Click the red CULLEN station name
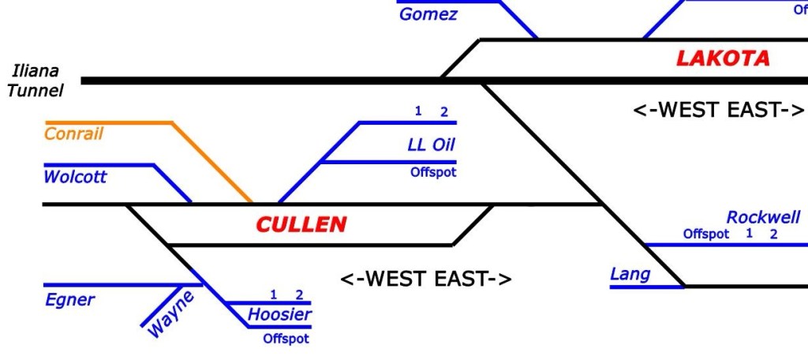301,225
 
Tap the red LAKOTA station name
723,58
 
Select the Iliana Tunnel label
36,81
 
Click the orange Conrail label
73,133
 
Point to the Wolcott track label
75,177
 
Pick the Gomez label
428,14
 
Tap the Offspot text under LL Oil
433,172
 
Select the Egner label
69,299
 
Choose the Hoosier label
279,314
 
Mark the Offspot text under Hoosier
286,339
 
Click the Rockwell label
763,217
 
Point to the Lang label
630,274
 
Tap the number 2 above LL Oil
444,112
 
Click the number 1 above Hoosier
273,295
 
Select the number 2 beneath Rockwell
774,234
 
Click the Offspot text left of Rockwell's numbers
706,234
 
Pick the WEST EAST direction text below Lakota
718,111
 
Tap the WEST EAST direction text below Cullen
426,279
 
